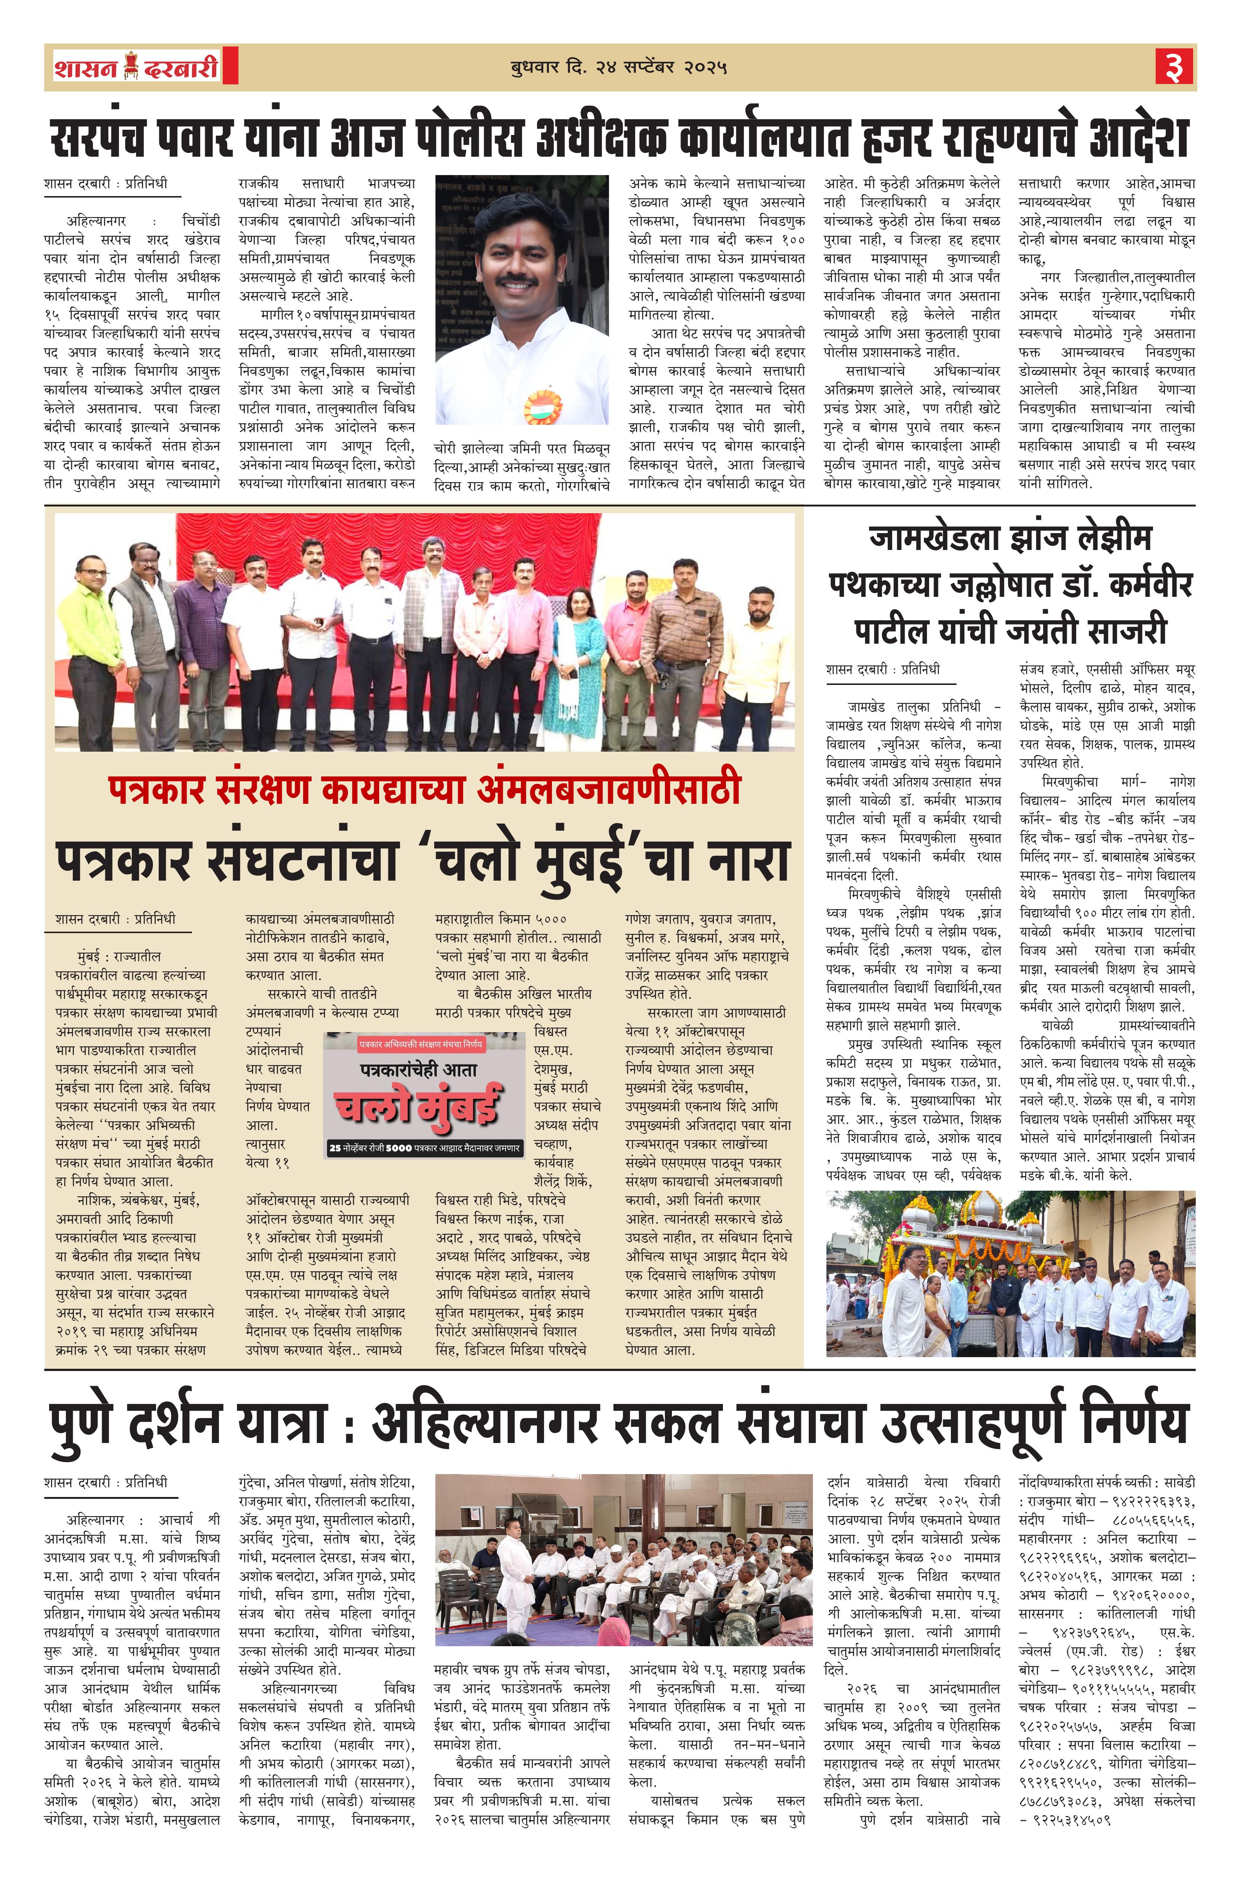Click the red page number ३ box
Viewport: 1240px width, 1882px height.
click(1174, 66)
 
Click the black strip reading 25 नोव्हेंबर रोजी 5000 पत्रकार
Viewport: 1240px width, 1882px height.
click(425, 1148)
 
